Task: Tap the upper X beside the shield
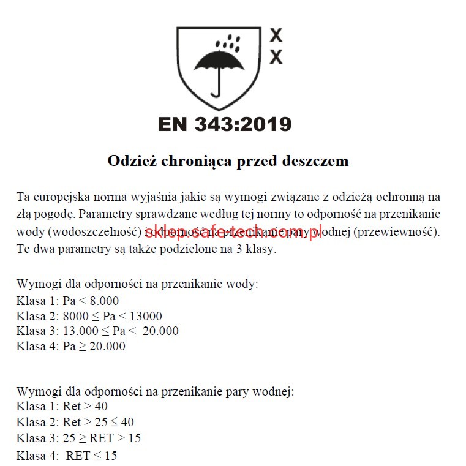276,35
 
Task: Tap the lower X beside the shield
276,57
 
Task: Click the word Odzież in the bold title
130,161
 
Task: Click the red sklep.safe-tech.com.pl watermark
233,233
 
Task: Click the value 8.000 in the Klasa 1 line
103,301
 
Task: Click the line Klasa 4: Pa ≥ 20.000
71,347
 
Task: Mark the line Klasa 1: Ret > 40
62,406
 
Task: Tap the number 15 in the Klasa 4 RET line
110,456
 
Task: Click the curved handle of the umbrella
216,89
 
